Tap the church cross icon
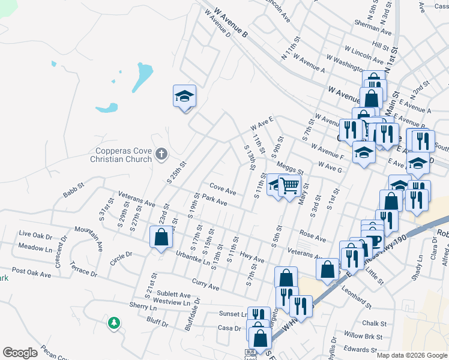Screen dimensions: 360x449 pos(160,155)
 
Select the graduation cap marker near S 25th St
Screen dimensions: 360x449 pos(185,96)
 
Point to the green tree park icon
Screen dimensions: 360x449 pos(113,323)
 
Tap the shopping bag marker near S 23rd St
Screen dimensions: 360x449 pos(161,237)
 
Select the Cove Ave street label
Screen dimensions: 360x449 pos(222,190)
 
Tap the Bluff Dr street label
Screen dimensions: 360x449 pos(157,321)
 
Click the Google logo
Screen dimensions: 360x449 pos(20,353)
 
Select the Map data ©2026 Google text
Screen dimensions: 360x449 pos(412,355)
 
